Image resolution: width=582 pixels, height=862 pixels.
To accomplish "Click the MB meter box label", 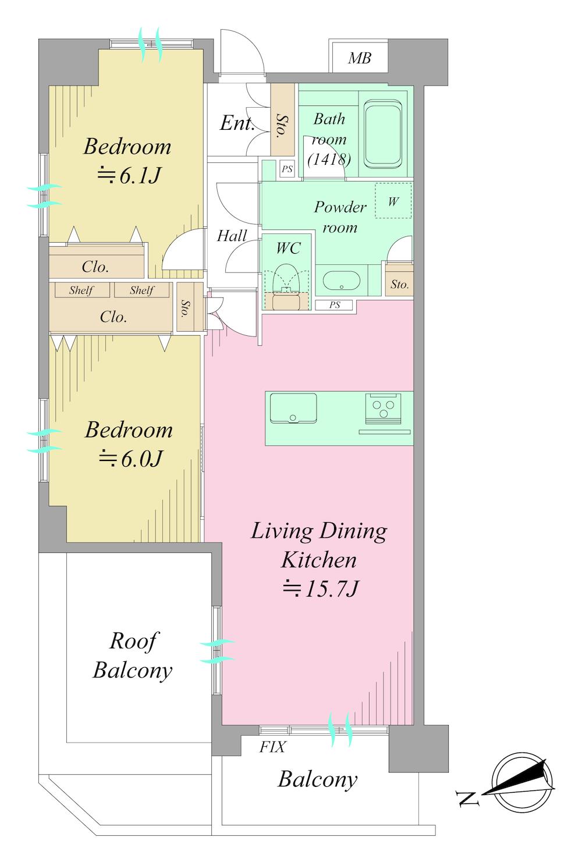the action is coord(360,58).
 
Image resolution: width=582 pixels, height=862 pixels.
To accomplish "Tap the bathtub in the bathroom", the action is coord(382,134).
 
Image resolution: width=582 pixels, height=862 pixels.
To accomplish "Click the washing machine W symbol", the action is coord(393,201).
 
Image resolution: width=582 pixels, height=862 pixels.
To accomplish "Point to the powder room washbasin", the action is coord(342,281).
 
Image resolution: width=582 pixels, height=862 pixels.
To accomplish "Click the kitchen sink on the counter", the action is coord(293,408).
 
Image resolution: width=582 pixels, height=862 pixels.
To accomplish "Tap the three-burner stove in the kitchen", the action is coord(384,408).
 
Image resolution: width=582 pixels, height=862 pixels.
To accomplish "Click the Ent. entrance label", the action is coord(237,123).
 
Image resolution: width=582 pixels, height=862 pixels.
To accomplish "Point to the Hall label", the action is coord(232,236).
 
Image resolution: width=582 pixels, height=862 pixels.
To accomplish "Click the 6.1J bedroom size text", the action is coord(128,176).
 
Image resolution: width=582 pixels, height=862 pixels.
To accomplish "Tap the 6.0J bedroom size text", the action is coord(130,459).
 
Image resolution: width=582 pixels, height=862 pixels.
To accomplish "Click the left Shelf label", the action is coord(81,290).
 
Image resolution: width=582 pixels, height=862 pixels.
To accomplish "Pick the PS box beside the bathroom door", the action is coord(287,169).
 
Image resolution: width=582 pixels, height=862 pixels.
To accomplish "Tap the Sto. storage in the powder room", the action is coord(400,285).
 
